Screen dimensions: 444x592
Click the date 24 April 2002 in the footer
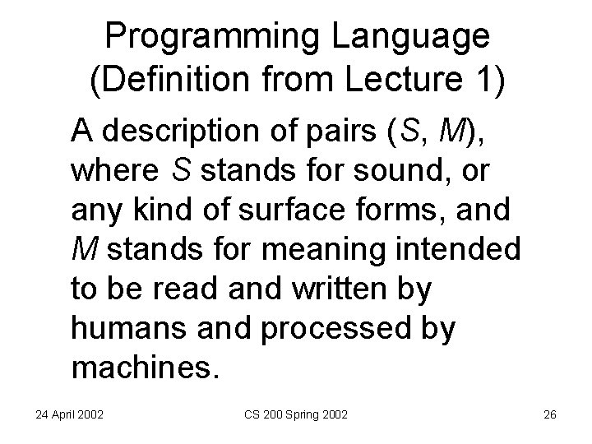(69, 415)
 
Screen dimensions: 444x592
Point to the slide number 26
(549, 415)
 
